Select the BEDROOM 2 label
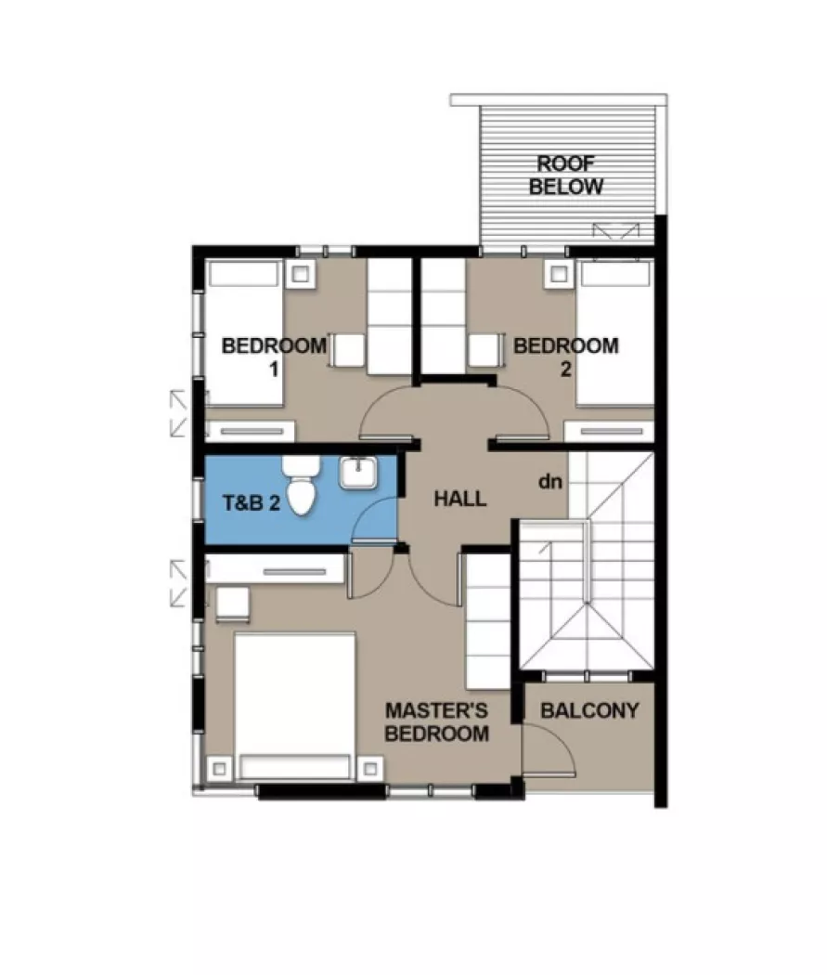(565, 357)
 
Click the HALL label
(460, 499)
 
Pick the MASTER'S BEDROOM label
(436, 722)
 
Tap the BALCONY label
(589, 711)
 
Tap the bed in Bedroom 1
(243, 332)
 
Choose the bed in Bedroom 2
(615, 332)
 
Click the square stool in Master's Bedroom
(233, 604)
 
